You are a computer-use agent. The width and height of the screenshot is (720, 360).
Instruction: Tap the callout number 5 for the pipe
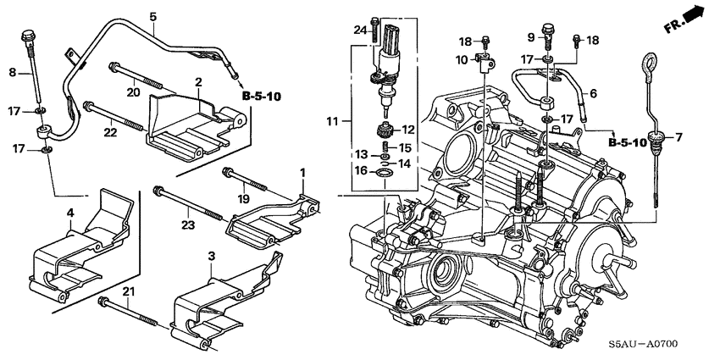[x=152, y=17]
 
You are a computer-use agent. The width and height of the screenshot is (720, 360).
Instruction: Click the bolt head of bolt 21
[x=102, y=302]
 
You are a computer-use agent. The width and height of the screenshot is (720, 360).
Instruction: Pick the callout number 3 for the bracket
[x=211, y=256]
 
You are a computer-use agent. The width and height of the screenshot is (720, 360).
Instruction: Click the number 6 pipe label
[x=592, y=93]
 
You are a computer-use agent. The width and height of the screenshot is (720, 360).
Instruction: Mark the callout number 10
[x=462, y=60]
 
